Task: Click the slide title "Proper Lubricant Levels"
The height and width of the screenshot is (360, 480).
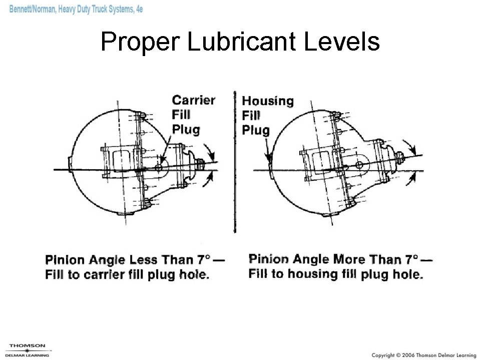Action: [x=240, y=42]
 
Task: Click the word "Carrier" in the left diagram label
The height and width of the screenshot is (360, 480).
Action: [x=193, y=100]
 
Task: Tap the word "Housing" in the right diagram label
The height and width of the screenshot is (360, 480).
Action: [x=268, y=101]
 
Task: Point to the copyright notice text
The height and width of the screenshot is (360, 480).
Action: [x=423, y=355]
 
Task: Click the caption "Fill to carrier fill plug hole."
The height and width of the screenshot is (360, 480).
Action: [x=127, y=275]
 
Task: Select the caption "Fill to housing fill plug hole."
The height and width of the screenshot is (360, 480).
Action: [x=335, y=274]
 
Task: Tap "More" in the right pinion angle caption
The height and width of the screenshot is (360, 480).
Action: [x=349, y=259]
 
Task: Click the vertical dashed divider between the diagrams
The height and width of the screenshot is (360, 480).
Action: [x=235, y=160]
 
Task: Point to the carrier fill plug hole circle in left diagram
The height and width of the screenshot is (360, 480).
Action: [x=159, y=167]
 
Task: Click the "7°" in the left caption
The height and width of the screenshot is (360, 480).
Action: [x=203, y=259]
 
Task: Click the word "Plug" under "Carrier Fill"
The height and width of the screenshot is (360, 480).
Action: [x=186, y=130]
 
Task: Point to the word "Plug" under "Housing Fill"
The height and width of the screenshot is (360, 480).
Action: [x=256, y=131]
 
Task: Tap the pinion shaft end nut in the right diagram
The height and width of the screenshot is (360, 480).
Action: [x=400, y=157]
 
